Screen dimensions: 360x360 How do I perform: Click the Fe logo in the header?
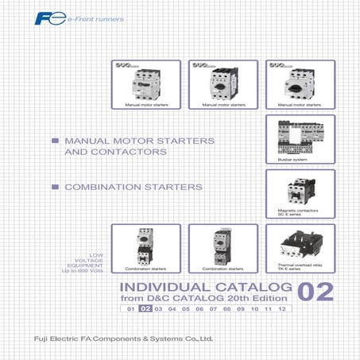point(127,14)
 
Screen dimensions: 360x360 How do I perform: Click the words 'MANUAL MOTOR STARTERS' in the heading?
point(128,140)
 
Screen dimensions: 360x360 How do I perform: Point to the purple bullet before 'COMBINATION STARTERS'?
point(55,188)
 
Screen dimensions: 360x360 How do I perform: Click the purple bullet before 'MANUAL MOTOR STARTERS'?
point(55,140)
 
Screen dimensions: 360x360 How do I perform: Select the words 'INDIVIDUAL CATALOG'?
point(201,286)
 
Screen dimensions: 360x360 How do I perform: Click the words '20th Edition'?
point(259,297)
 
